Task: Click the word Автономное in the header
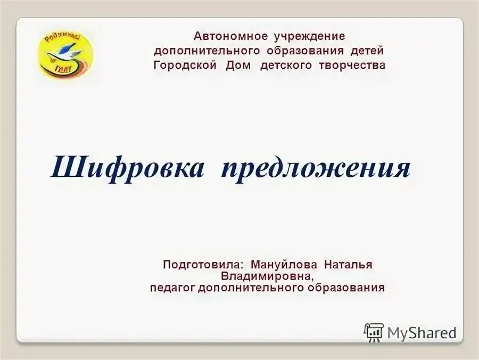point(230,37)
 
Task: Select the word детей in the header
point(367,51)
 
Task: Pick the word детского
point(289,66)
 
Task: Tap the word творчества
point(353,66)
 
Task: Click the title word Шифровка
point(127,169)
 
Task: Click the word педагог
point(172,289)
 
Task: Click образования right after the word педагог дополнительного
point(346,288)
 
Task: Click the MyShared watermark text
point(422,333)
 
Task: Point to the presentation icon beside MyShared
point(374,332)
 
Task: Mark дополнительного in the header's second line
point(208,51)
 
